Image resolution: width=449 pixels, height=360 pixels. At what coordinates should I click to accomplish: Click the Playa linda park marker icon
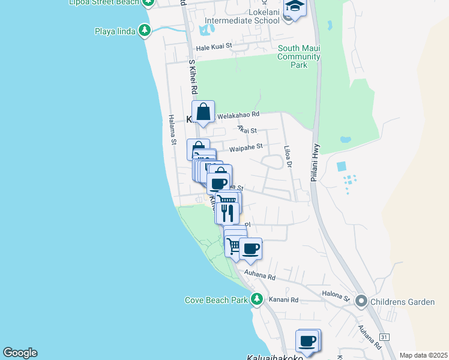click(144, 30)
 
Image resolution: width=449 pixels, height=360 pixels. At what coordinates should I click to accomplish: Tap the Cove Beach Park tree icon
click(257, 299)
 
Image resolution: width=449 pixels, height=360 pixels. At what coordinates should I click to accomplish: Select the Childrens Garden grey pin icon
click(361, 301)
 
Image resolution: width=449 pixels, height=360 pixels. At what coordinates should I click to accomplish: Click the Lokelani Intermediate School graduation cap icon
click(294, 7)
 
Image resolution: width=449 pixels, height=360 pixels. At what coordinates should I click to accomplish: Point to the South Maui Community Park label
click(298, 56)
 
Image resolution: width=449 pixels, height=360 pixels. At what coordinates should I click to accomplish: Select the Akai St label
click(247, 130)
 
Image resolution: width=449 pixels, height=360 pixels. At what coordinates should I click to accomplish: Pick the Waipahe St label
click(247, 146)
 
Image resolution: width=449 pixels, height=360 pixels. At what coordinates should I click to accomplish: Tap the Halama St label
click(172, 130)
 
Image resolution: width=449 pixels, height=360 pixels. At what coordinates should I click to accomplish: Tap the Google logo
click(20, 353)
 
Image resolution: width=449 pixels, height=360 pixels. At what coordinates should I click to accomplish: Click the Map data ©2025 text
click(423, 355)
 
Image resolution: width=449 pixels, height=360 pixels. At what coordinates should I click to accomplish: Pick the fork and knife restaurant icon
click(227, 212)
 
